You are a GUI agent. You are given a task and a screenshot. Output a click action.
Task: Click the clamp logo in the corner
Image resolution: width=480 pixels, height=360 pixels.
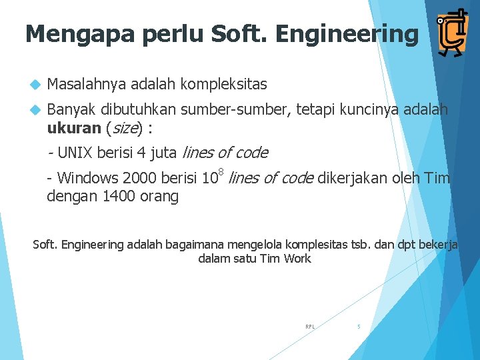[451, 33]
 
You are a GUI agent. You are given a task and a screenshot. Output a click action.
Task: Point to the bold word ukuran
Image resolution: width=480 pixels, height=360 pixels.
[71, 128]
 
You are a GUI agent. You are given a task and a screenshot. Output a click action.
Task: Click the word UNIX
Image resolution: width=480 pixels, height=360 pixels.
[75, 153]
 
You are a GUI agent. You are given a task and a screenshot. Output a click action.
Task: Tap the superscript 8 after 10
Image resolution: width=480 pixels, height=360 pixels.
[221, 173]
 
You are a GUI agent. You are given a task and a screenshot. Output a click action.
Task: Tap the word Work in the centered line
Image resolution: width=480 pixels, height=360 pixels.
[297, 259]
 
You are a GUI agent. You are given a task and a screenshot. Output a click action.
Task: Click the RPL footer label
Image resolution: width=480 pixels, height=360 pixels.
[310, 327]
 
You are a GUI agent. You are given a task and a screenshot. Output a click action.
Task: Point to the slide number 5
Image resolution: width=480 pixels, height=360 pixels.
[359, 327]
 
